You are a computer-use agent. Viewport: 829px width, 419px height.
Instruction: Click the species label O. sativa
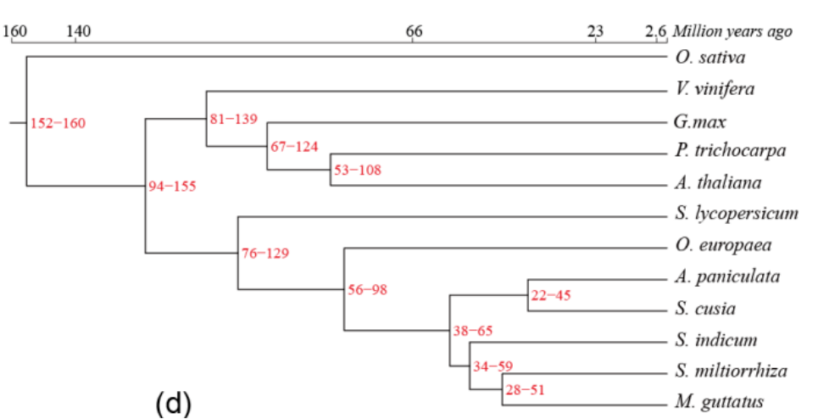[x=710, y=58]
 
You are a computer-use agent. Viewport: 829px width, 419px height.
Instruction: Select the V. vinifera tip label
[x=715, y=89]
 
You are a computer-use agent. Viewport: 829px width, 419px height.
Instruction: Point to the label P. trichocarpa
[x=731, y=152]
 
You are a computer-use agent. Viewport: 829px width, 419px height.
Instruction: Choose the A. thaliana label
[x=718, y=182]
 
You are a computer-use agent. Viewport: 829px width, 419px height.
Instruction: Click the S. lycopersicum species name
[x=737, y=214]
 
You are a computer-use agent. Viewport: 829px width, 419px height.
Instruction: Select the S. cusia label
[x=705, y=308]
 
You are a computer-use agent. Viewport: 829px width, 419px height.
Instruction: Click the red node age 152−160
[x=58, y=124]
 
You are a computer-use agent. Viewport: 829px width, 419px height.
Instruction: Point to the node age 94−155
[x=172, y=187]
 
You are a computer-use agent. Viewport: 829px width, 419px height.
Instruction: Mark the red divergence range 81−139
[x=234, y=119]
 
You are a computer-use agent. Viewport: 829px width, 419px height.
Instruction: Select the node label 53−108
[x=357, y=170]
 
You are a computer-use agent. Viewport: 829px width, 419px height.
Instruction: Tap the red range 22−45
[x=551, y=296]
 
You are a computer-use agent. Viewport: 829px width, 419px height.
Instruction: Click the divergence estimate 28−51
[x=526, y=389]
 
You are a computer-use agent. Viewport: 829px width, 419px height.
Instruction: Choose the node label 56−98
[x=367, y=290]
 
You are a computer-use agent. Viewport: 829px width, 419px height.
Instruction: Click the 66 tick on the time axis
[x=414, y=32]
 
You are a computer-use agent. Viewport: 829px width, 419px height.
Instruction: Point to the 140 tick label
[x=79, y=32]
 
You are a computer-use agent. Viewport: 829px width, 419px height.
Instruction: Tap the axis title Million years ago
[x=732, y=32]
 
